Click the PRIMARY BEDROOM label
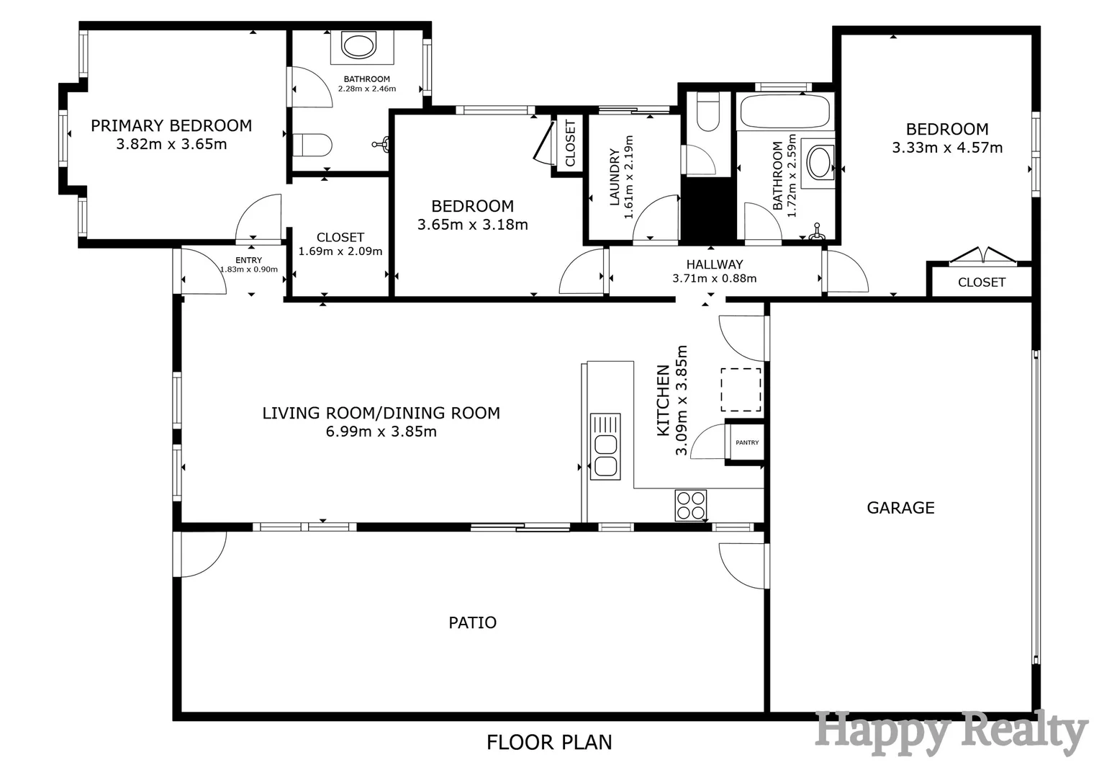(x=171, y=126)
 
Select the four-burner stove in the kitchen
(x=690, y=505)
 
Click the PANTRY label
(x=747, y=442)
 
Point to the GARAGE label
(x=900, y=508)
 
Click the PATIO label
(x=472, y=622)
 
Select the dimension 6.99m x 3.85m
(x=381, y=432)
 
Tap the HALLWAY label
(x=714, y=264)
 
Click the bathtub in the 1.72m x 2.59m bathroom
(x=784, y=112)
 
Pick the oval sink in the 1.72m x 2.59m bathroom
(x=820, y=163)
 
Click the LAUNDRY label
(x=615, y=177)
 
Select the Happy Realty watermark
(x=950, y=733)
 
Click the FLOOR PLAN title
(x=549, y=742)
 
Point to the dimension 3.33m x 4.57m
(x=947, y=148)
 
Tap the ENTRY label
(x=248, y=260)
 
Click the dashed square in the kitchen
(x=741, y=390)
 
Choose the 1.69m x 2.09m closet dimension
(x=340, y=251)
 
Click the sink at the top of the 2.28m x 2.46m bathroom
(x=358, y=46)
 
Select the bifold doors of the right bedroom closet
(x=982, y=256)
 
